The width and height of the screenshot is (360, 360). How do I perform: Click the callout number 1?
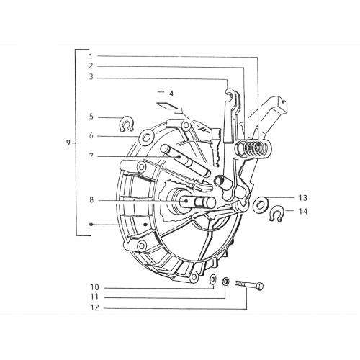click(91, 56)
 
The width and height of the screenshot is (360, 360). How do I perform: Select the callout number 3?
click(91, 77)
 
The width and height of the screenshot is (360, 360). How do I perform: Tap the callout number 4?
click(171, 94)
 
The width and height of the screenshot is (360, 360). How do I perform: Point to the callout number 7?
click(91, 156)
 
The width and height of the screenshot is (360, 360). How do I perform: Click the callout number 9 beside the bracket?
click(68, 143)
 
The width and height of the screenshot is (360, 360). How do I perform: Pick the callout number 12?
click(95, 307)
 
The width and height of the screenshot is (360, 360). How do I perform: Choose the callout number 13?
click(303, 198)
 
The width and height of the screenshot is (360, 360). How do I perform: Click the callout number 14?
click(303, 211)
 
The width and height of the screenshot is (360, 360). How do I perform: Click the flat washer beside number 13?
click(259, 204)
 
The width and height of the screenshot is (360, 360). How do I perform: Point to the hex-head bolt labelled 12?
click(249, 284)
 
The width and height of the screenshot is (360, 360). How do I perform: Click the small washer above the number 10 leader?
click(213, 279)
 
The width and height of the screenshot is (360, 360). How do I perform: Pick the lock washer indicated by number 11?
click(226, 282)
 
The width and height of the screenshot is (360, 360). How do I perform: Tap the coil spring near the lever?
click(253, 149)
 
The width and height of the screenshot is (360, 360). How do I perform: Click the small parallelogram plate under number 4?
click(167, 105)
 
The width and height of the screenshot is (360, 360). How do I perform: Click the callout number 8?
click(91, 199)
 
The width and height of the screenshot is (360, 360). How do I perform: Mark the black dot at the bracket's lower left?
click(91, 225)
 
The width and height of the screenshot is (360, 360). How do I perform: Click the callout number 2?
click(91, 66)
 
